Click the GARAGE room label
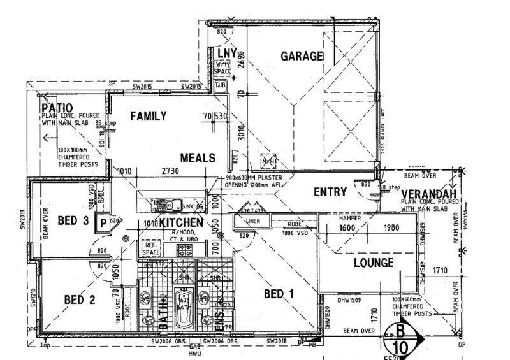302,56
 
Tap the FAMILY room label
149,116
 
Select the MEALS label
198,157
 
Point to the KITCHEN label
181,222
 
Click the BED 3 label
73,221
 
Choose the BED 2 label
80,299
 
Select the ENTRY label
330,192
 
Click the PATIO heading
57,108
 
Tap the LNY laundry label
227,53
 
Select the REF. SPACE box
150,248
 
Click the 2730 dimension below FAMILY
170,171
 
